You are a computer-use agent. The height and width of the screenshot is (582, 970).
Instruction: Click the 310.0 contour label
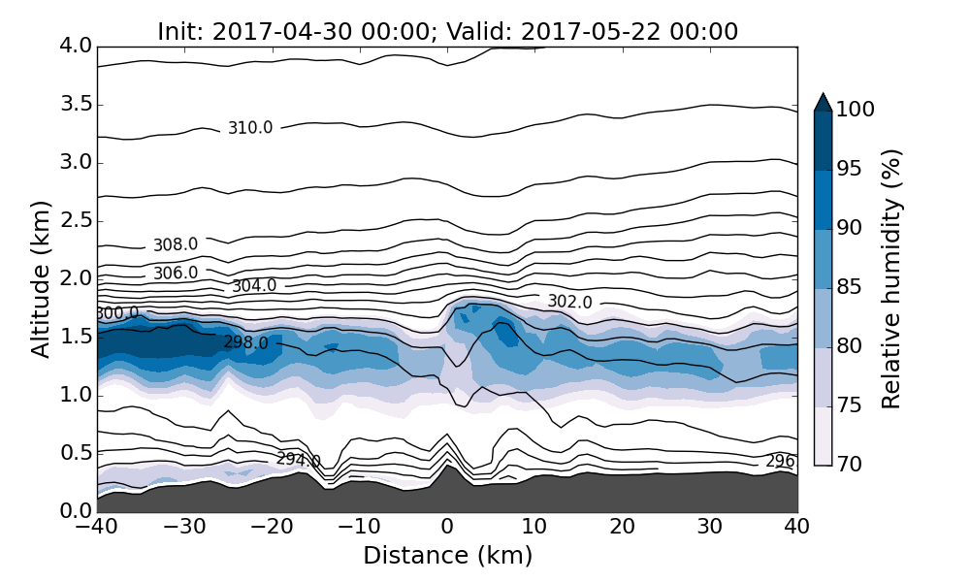click(x=250, y=128)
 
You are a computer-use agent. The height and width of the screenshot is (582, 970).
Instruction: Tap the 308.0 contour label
click(x=176, y=245)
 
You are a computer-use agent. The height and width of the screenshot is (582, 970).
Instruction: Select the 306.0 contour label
click(x=176, y=274)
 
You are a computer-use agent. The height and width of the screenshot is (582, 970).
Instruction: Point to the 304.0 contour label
click(x=254, y=286)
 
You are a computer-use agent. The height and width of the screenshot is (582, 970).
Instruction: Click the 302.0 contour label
click(x=569, y=302)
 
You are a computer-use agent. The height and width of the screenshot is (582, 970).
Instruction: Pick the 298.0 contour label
click(x=245, y=342)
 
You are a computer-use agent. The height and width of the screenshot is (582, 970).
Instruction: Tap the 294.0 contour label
click(x=298, y=460)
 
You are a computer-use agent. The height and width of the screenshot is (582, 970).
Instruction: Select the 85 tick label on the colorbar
click(x=849, y=288)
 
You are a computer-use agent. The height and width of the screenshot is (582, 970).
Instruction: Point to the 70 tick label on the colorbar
click(x=849, y=465)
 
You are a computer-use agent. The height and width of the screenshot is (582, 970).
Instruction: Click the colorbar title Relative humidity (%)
click(x=892, y=278)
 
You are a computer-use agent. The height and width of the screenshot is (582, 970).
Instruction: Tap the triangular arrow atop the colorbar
click(x=823, y=102)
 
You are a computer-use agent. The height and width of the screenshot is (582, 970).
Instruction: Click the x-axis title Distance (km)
click(x=447, y=556)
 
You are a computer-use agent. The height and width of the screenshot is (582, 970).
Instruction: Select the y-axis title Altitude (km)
click(x=41, y=278)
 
